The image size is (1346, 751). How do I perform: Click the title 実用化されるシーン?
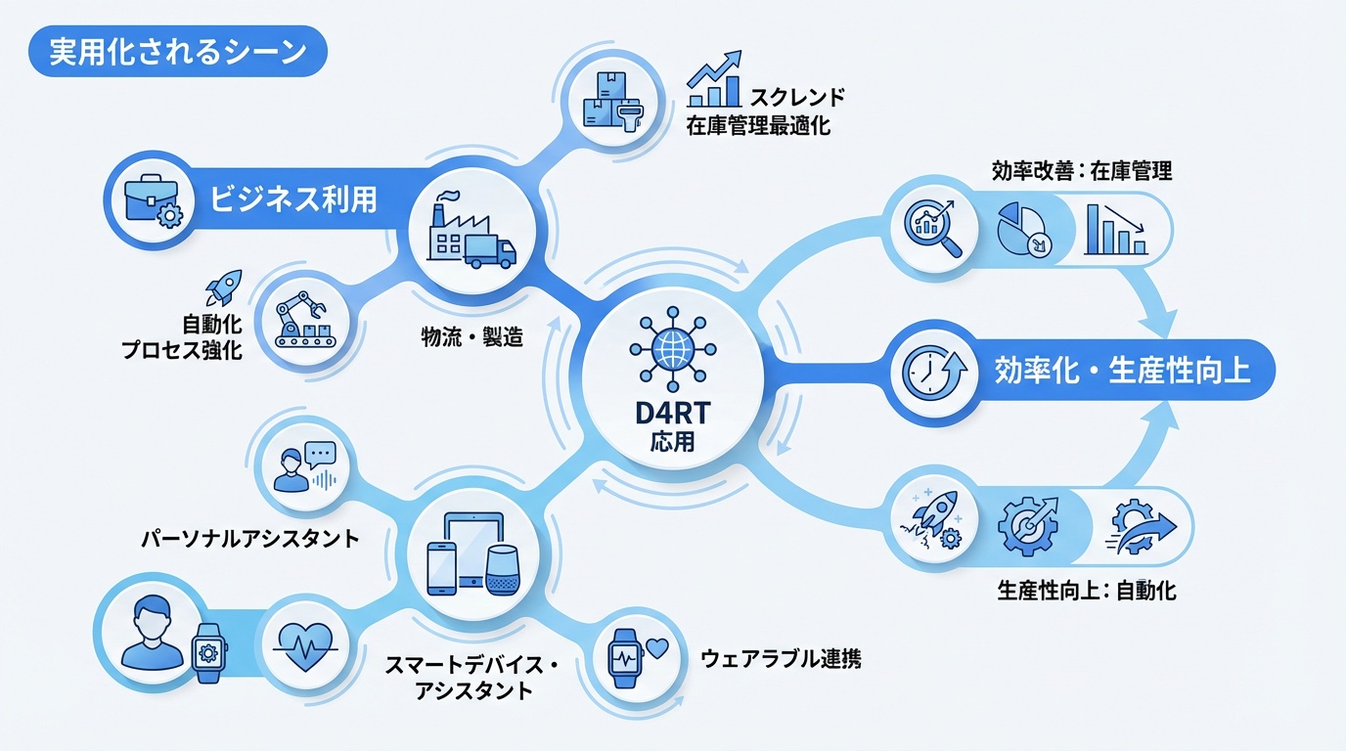(x=177, y=52)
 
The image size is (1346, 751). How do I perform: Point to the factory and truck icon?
(x=472, y=232)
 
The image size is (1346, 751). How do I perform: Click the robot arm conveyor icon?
(x=305, y=315)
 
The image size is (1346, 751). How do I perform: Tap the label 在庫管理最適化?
(x=758, y=126)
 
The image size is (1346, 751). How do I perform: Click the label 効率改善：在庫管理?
(x=1081, y=170)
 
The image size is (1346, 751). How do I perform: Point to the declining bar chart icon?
(x=1115, y=230)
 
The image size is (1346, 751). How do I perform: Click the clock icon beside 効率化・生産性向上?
(x=933, y=372)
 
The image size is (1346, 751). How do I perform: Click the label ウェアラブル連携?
(x=782, y=658)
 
